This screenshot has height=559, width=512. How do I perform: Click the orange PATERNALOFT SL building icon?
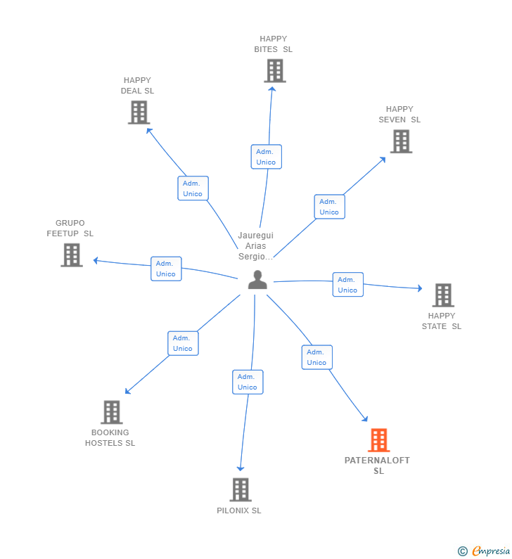coord(378,440)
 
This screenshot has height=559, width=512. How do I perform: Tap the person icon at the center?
coord(257,280)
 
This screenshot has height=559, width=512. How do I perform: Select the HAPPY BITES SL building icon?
coord(274,71)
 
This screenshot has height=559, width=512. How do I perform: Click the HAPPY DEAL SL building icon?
coord(139,113)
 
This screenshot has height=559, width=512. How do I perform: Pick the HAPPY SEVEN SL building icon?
coord(400,141)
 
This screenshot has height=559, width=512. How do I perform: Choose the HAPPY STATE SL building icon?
coord(442,295)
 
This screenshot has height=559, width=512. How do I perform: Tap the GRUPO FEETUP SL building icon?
coord(71,255)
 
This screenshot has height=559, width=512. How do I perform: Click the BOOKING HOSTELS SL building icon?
coord(111,412)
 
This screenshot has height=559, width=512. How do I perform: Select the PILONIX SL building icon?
coord(240,489)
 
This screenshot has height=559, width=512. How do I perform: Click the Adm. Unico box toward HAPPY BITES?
coord(266,157)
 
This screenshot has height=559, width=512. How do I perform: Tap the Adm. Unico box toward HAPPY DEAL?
coord(193,188)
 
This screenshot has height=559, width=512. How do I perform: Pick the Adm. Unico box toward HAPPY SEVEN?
coord(329,207)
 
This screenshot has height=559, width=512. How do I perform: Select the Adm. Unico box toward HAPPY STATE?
coord(347,285)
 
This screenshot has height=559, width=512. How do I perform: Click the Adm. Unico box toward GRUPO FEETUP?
coord(166,269)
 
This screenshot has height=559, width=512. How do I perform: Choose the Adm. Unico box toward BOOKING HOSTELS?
coord(183,343)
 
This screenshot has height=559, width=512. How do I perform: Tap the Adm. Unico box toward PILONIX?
coord(248,382)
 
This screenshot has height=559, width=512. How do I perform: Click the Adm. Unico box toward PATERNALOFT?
coord(316,357)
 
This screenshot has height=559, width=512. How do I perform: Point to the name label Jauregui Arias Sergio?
coord(255,246)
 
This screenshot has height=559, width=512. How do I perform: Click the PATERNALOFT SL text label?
coord(377,465)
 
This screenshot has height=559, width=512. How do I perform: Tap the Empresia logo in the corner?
coord(485,551)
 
